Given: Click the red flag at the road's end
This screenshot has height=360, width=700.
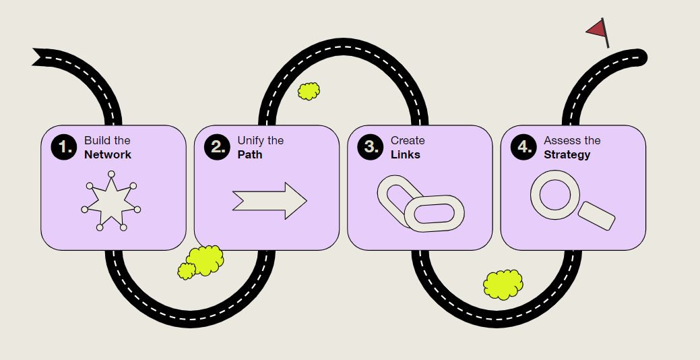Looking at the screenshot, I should click(596, 29).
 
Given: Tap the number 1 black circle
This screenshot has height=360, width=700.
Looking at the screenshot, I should click(64, 148).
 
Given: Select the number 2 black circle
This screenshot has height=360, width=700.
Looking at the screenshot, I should click(218, 148).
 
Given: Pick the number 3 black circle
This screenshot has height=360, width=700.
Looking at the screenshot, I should click(371, 148).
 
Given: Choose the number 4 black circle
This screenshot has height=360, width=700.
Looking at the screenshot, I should click(524, 148).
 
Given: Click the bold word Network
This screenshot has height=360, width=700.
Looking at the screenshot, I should click(108, 155).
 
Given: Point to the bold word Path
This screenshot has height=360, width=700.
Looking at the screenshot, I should click(250, 155).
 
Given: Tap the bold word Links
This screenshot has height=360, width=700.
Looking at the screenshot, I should click(406, 155).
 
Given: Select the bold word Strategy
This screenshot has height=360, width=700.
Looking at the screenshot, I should click(567, 155).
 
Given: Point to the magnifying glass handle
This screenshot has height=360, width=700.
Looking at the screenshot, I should click(597, 215).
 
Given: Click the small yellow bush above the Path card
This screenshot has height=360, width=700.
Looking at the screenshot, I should click(309, 91).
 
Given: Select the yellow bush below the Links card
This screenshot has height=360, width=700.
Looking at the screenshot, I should click(503, 284).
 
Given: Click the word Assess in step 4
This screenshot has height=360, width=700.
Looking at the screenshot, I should click(563, 141).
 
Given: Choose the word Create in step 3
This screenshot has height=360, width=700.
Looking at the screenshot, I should click(408, 141).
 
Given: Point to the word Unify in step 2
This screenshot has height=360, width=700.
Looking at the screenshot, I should click(251, 141).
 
